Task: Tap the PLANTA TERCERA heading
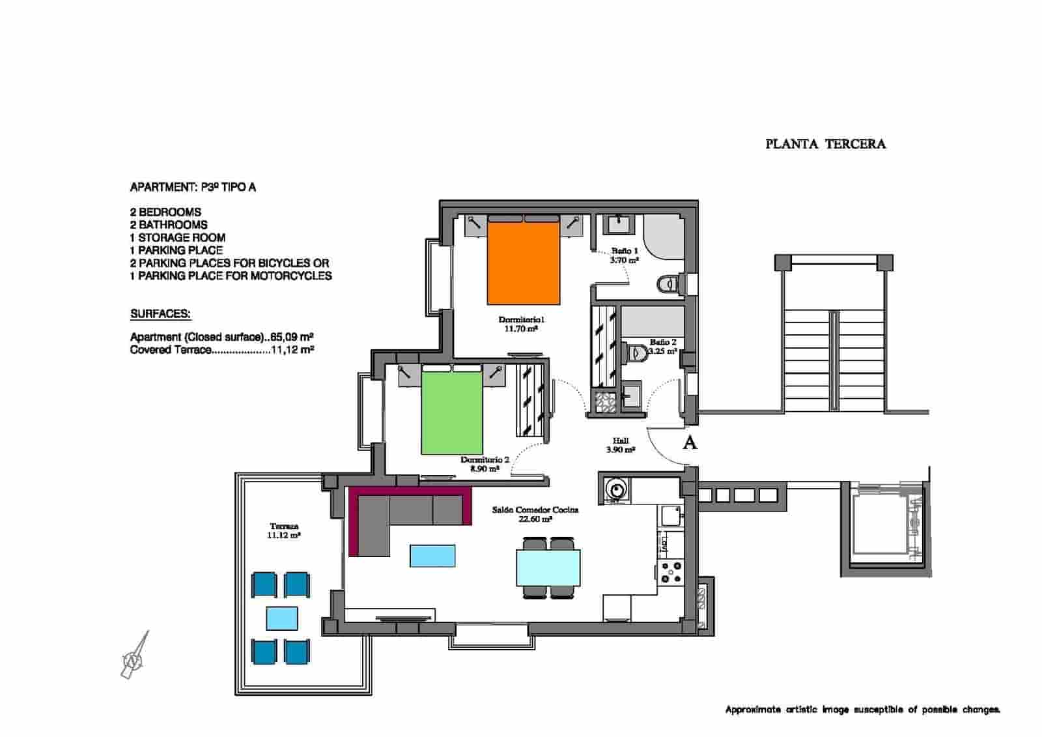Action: pyautogui.click(x=825, y=144)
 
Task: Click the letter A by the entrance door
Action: pyautogui.click(x=690, y=443)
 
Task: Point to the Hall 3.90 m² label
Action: pyautogui.click(x=620, y=445)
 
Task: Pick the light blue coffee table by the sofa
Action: pyautogui.click(x=432, y=556)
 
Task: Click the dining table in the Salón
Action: pyautogui.click(x=548, y=568)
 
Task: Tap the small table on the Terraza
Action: pyautogui.click(x=282, y=617)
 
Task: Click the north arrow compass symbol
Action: pyautogui.click(x=135, y=656)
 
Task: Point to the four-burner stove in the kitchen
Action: pyautogui.click(x=671, y=572)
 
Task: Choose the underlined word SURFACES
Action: pyautogui.click(x=160, y=314)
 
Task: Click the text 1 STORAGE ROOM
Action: pyautogui.click(x=177, y=238)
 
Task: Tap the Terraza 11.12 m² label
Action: pyautogui.click(x=283, y=530)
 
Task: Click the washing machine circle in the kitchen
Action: pyautogui.click(x=614, y=488)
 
